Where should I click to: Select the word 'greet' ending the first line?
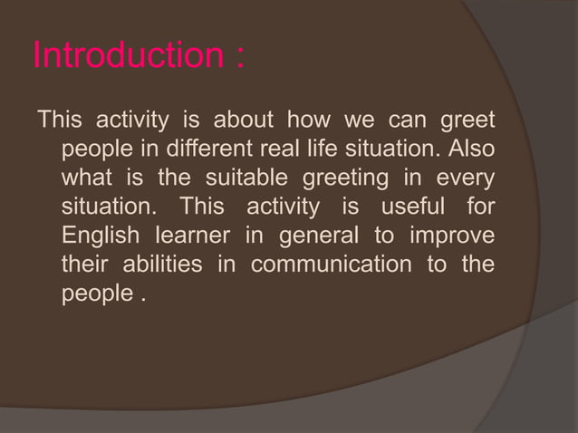[469, 120]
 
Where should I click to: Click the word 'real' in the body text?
[291, 149]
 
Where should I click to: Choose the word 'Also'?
[473, 149]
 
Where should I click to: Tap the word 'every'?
[467, 178]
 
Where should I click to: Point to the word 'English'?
[100, 236]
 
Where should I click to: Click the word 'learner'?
[192, 236]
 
